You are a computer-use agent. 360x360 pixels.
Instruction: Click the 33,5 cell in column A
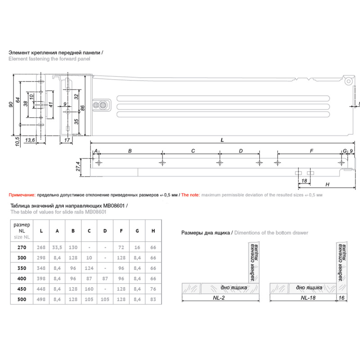pyautogui.click(x=57, y=247)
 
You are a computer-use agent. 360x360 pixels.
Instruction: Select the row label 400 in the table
pyautogui.click(x=22, y=279)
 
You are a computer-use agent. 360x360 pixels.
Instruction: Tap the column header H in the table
pyautogui.click(x=153, y=231)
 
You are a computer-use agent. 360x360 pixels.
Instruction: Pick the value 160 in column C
pyautogui.click(x=89, y=289)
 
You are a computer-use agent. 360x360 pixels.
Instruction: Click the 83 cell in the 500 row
pyautogui.click(x=153, y=299)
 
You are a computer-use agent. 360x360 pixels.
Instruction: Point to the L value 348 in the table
pyautogui.click(x=41, y=268)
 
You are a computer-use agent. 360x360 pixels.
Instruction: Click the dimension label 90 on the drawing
pyautogui.click(x=11, y=104)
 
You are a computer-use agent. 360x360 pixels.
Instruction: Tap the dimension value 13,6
pyautogui.click(x=30, y=140)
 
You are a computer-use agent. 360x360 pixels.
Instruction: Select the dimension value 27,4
pyautogui.click(x=78, y=166)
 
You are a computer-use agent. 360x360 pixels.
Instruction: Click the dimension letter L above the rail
pyautogui.click(x=222, y=140)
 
